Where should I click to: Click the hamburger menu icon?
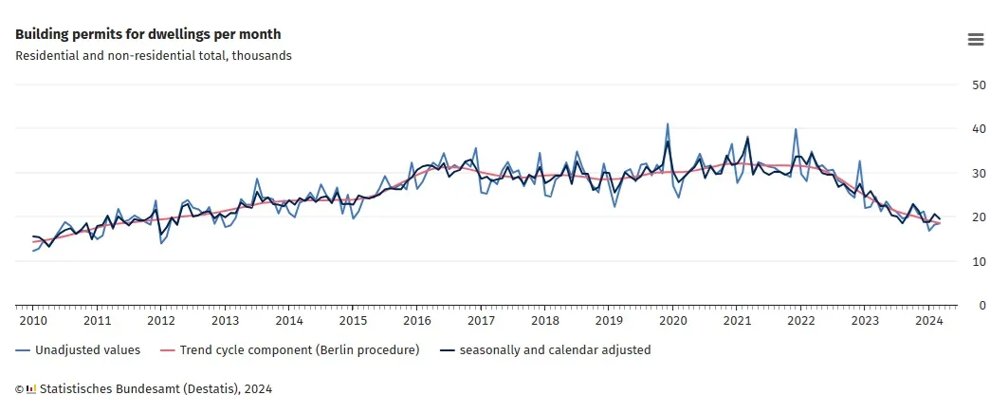click(975, 39)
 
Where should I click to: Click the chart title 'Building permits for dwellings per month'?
click(148, 34)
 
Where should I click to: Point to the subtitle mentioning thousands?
click(154, 55)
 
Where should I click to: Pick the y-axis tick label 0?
click(982, 306)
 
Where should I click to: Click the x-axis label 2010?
click(32, 321)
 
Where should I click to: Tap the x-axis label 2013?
click(225, 321)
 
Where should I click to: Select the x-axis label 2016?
click(416, 321)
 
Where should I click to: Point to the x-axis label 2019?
click(609, 321)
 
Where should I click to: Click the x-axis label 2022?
click(800, 321)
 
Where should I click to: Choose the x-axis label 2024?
click(928, 321)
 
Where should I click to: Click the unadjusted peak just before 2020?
click(668, 123)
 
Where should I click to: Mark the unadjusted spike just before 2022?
click(796, 129)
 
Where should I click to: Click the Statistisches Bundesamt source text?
click(156, 388)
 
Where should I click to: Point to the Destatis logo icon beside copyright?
click(31, 388)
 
